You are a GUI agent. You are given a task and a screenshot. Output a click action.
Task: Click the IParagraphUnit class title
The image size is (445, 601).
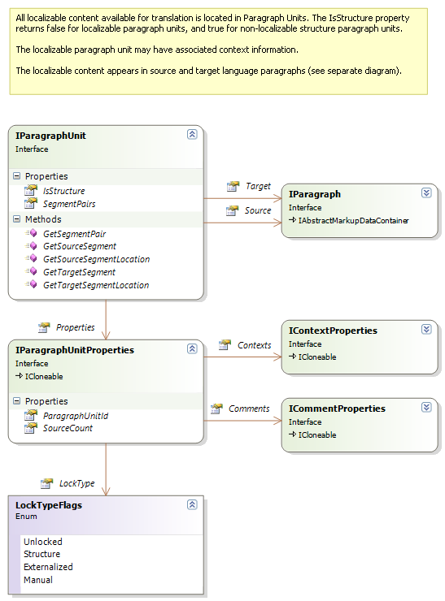(x=50, y=136)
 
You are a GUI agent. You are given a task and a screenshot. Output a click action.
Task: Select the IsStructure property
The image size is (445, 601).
(x=63, y=191)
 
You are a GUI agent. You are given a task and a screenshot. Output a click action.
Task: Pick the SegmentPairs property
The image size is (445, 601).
(x=69, y=204)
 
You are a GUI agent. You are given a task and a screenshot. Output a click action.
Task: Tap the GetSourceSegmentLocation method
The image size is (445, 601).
(x=96, y=259)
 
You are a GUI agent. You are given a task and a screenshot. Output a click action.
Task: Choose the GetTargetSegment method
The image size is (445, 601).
(x=79, y=272)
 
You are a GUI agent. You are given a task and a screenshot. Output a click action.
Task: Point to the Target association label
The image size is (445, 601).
(x=258, y=186)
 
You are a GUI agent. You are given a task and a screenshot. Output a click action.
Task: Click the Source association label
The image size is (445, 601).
(x=258, y=210)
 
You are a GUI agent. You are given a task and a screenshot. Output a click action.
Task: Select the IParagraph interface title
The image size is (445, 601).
(x=315, y=194)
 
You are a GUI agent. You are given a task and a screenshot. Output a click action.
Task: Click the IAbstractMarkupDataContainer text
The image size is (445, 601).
(x=352, y=220)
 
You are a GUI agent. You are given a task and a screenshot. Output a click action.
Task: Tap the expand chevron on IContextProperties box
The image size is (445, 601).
(x=426, y=329)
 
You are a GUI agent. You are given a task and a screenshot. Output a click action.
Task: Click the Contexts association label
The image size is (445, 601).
(x=254, y=345)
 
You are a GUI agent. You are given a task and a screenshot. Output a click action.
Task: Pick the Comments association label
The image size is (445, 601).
(x=249, y=409)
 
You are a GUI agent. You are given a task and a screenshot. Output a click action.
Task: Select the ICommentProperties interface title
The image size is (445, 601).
(x=337, y=409)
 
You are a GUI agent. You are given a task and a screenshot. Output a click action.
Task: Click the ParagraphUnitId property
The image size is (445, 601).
(x=76, y=415)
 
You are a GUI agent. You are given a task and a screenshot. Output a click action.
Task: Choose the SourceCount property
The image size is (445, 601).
(x=68, y=428)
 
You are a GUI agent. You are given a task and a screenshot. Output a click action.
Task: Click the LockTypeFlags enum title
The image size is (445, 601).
(x=49, y=505)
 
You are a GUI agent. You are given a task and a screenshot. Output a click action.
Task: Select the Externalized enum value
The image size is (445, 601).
(x=48, y=567)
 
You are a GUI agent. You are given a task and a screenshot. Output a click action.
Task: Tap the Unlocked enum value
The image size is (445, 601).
(x=42, y=541)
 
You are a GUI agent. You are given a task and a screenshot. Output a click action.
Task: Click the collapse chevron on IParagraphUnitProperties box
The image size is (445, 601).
(x=192, y=348)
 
